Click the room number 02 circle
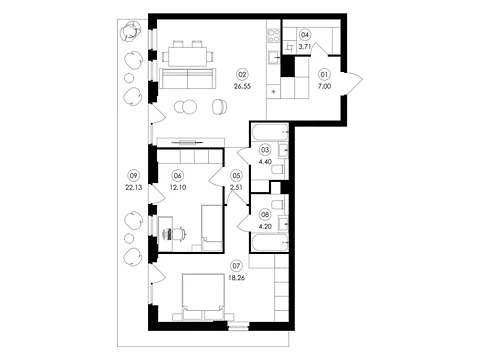[x=242, y=74]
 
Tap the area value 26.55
[x=242, y=86]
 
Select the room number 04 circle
[x=305, y=35]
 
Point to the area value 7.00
[x=324, y=86]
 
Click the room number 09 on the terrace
[x=133, y=175]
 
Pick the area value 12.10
[x=178, y=187]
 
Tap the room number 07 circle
[x=237, y=266]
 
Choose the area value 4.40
[x=265, y=162]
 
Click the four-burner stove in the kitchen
[x=274, y=36]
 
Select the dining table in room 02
[x=188, y=56]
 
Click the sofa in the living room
[x=188, y=79]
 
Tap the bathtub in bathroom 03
[x=269, y=132]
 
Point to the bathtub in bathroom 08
[x=269, y=243]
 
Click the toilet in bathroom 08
[x=278, y=204]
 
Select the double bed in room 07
[x=203, y=297]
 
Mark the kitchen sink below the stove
[x=274, y=57]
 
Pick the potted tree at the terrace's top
[x=131, y=32]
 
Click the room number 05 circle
[x=236, y=175]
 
